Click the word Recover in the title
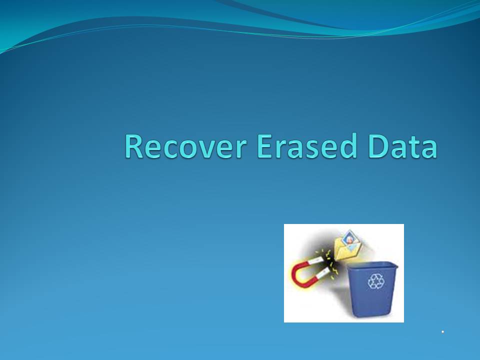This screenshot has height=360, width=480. point(185,146)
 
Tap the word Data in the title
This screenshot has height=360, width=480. point(403,146)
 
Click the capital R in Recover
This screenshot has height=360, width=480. point(134,146)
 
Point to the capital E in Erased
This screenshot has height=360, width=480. point(264,146)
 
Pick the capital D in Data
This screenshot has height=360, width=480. point(378,146)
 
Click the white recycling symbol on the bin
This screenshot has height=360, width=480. point(375,281)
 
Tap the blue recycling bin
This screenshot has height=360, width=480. point(372,289)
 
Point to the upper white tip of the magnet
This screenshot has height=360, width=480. point(316,261)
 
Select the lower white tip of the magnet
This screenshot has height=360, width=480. point(323,273)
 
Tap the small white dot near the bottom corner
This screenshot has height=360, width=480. point(442,331)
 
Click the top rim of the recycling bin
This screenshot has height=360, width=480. point(372,264)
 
